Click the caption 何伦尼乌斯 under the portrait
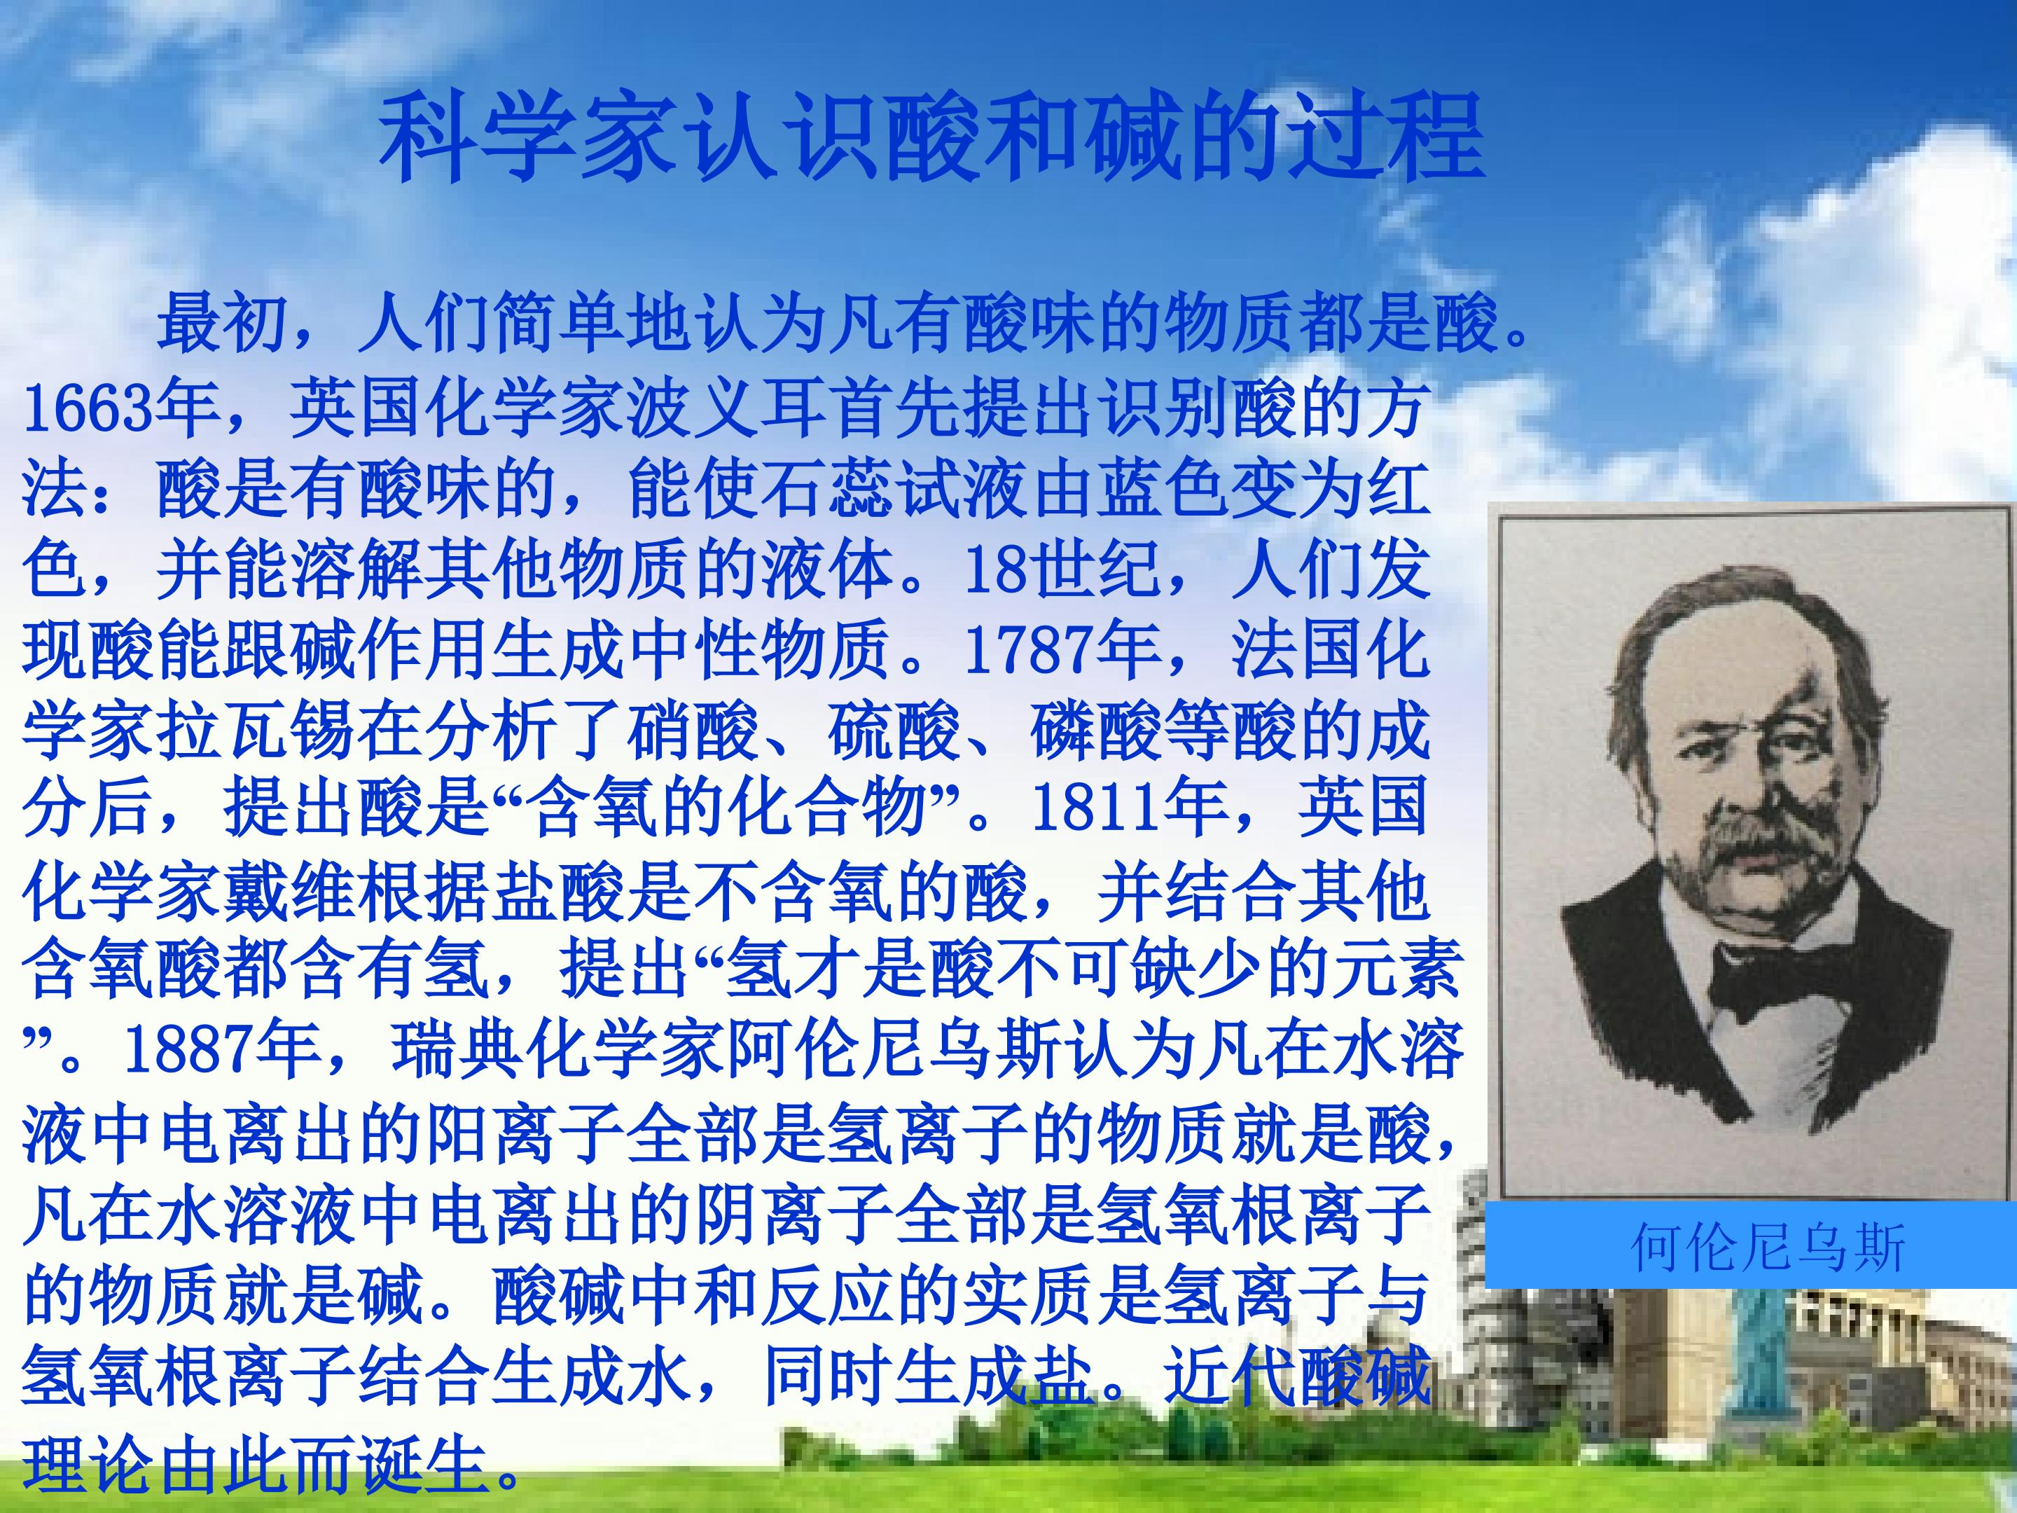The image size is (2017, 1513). [x=1755, y=1248]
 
